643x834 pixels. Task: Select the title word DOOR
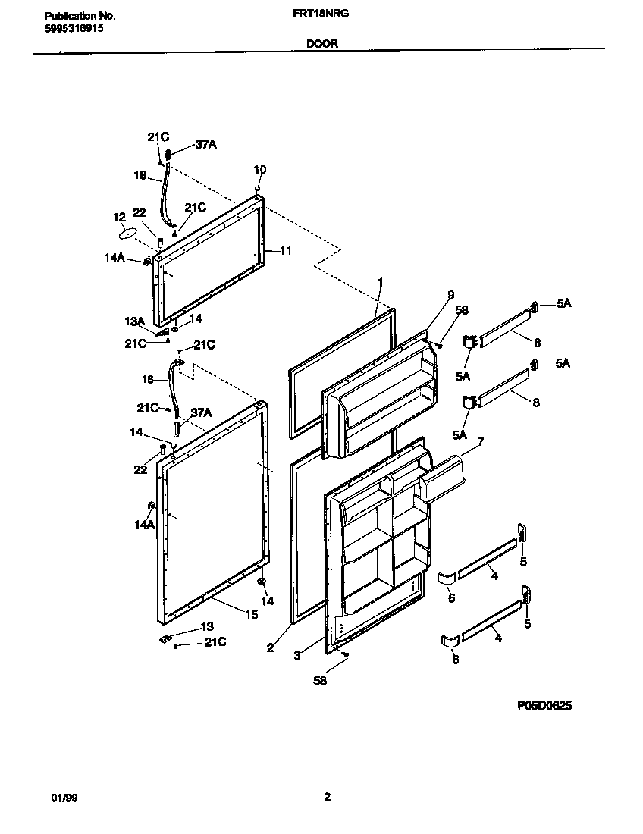click(x=321, y=44)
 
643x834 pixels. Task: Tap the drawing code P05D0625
click(x=544, y=705)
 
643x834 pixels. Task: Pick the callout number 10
click(x=259, y=169)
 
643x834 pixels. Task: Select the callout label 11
click(x=285, y=251)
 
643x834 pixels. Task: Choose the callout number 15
click(x=251, y=614)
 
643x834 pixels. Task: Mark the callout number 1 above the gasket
click(x=381, y=282)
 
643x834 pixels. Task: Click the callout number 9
click(x=450, y=295)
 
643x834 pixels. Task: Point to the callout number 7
click(x=480, y=441)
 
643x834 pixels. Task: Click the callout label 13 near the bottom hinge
click(x=206, y=626)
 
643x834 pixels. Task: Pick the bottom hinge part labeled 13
click(x=165, y=638)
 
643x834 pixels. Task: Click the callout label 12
click(x=118, y=217)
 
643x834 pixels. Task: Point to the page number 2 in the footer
click(x=327, y=797)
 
